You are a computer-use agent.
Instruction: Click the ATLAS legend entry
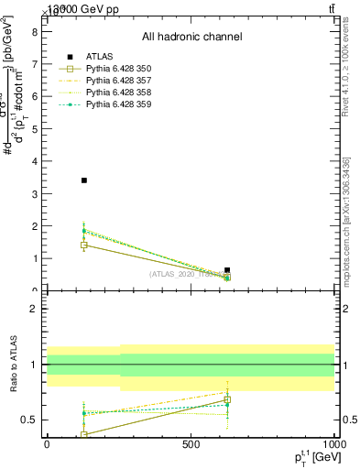coord(101,57)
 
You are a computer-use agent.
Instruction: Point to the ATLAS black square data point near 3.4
coord(84,180)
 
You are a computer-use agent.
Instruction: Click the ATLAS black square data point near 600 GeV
coord(227,270)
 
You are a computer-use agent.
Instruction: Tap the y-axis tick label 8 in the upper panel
coord(34,31)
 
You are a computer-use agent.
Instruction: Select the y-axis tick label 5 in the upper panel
coord(34,128)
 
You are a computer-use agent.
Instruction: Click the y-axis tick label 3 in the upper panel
coord(34,193)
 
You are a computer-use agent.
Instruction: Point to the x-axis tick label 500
coord(191,443)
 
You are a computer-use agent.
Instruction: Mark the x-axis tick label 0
coord(47,443)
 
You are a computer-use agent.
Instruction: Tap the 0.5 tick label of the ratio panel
coord(29,420)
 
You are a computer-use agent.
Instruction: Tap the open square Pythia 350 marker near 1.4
coord(84,245)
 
